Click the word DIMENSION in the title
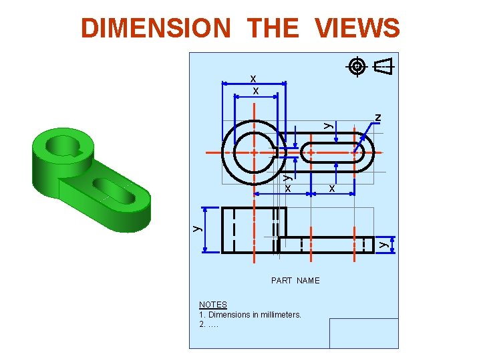[x=155, y=28]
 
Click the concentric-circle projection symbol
[x=357, y=66]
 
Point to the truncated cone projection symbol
[x=382, y=67]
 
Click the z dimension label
[x=378, y=118]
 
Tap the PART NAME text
[x=295, y=281]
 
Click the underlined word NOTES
[x=213, y=305]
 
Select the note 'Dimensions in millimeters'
[x=251, y=315]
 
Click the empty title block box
[x=363, y=333]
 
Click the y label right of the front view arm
[x=383, y=245]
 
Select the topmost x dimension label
[x=254, y=78]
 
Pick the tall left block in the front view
[x=254, y=230]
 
